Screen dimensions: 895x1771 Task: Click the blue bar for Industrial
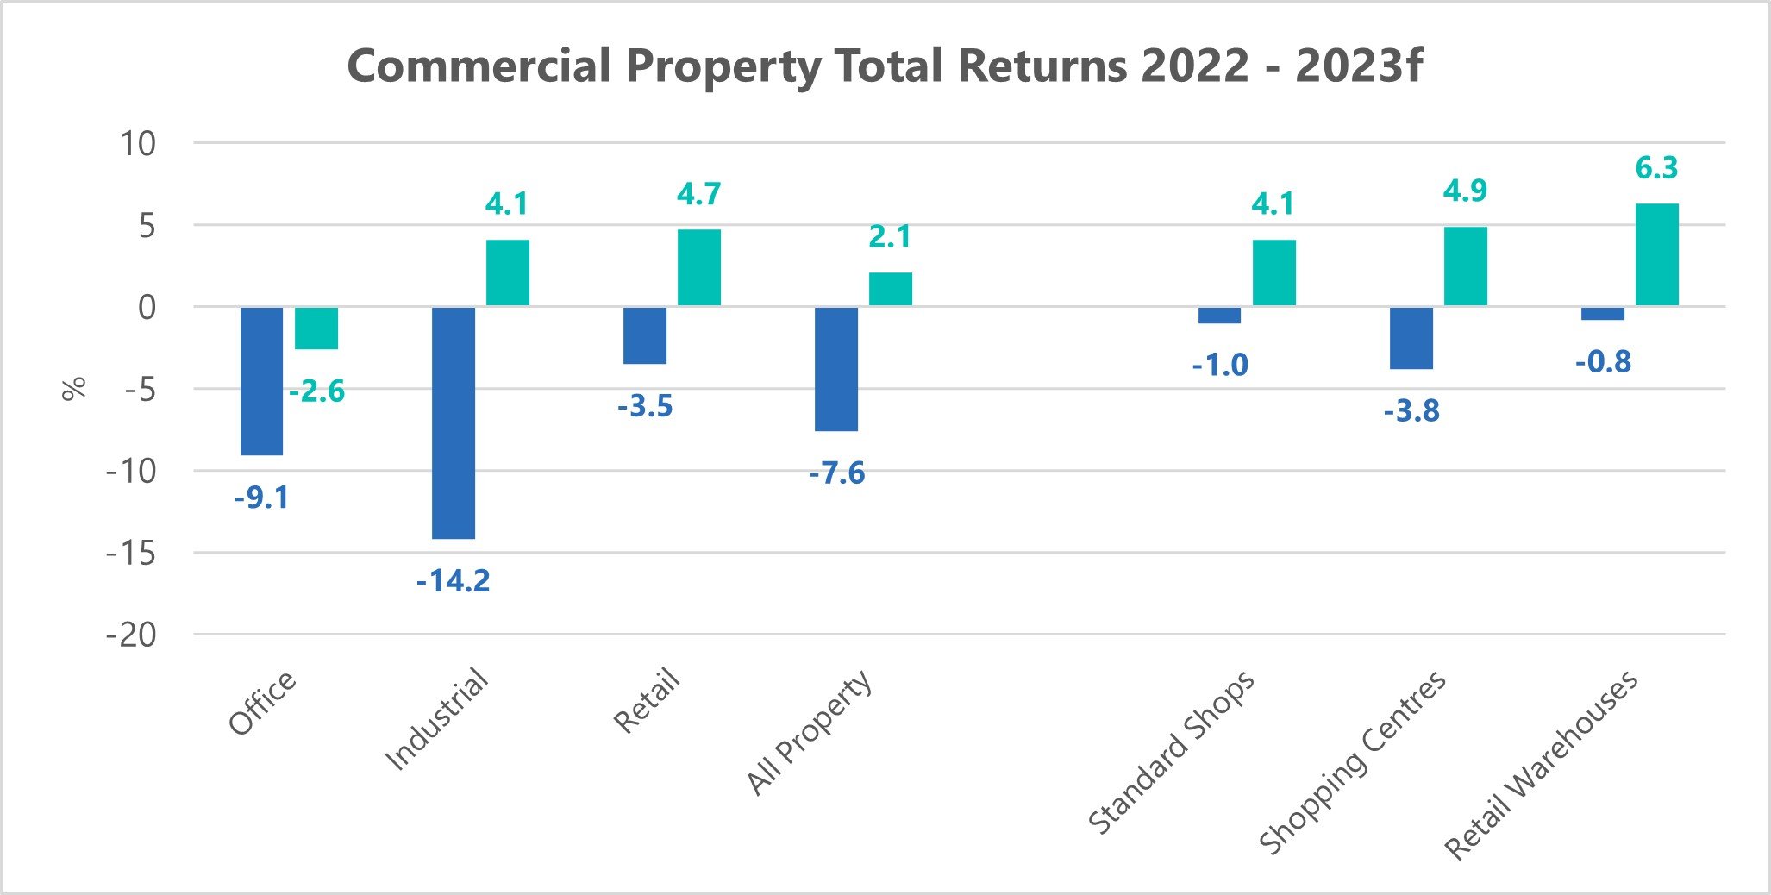coord(454,422)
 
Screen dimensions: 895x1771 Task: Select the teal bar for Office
coord(316,328)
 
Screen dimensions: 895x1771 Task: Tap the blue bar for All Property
coord(836,368)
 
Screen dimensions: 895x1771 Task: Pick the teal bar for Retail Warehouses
coord(1656,254)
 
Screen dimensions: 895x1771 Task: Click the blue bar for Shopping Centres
coord(1411,338)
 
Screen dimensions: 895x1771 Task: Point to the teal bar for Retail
coord(698,267)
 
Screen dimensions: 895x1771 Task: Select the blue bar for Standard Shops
coord(1219,315)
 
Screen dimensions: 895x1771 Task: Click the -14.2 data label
coord(453,581)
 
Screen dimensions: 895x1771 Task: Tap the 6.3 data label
coord(1656,168)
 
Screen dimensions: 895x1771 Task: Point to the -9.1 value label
coord(261,498)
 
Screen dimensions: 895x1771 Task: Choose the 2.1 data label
coord(889,236)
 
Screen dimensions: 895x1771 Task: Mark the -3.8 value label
coord(1411,411)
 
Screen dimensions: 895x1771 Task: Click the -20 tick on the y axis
coord(131,635)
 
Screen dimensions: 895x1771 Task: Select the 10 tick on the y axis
coord(138,143)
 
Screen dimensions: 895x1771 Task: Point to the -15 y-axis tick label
coord(131,554)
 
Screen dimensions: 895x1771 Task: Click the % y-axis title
coord(74,389)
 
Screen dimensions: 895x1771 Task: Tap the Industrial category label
coord(436,719)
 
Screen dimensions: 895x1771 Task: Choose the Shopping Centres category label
coord(1353,762)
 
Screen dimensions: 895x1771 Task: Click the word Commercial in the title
coord(479,66)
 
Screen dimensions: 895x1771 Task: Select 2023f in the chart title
coord(1358,66)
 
